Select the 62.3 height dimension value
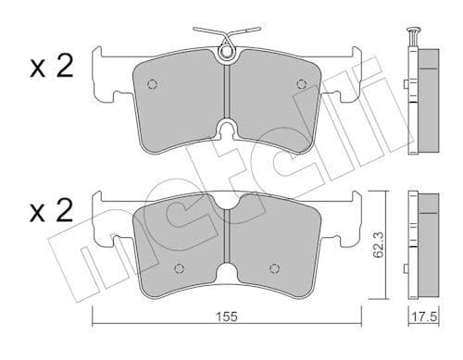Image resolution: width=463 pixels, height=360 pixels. coord(378,247)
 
